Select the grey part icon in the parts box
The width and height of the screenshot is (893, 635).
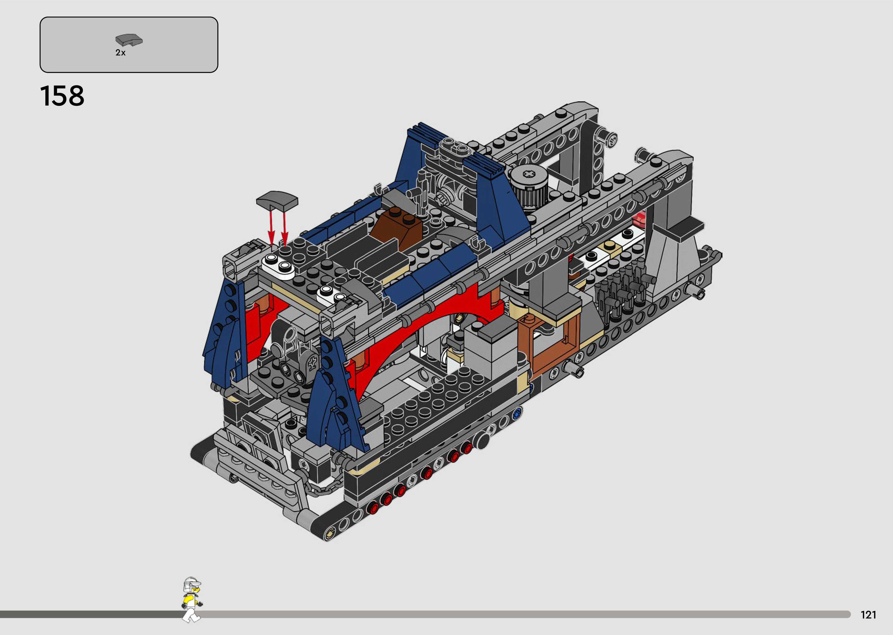pyautogui.click(x=129, y=40)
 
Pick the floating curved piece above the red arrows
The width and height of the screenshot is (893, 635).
pyautogui.click(x=277, y=200)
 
